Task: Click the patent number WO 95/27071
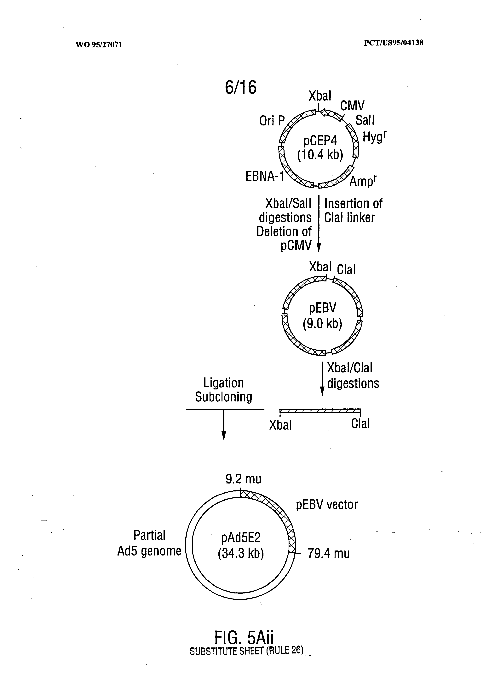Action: pyautogui.click(x=99, y=45)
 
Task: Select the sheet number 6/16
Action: pyautogui.click(x=240, y=87)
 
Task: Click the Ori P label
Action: pyautogui.click(x=272, y=121)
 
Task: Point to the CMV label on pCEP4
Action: pyautogui.click(x=352, y=106)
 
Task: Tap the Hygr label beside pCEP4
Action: pyautogui.click(x=374, y=137)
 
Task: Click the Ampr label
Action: pyautogui.click(x=363, y=181)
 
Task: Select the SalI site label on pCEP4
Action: pyautogui.click(x=365, y=120)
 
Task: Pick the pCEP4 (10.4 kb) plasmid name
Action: pyautogui.click(x=320, y=148)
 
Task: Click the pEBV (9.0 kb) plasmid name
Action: pyautogui.click(x=322, y=316)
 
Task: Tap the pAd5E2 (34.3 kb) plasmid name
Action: pyautogui.click(x=241, y=545)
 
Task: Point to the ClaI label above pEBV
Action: pyautogui.click(x=346, y=270)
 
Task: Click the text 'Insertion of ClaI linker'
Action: pyautogui.click(x=353, y=210)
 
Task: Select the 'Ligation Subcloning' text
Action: pyautogui.click(x=223, y=390)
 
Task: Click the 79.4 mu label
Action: pyautogui.click(x=328, y=554)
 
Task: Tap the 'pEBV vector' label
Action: pyautogui.click(x=327, y=505)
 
